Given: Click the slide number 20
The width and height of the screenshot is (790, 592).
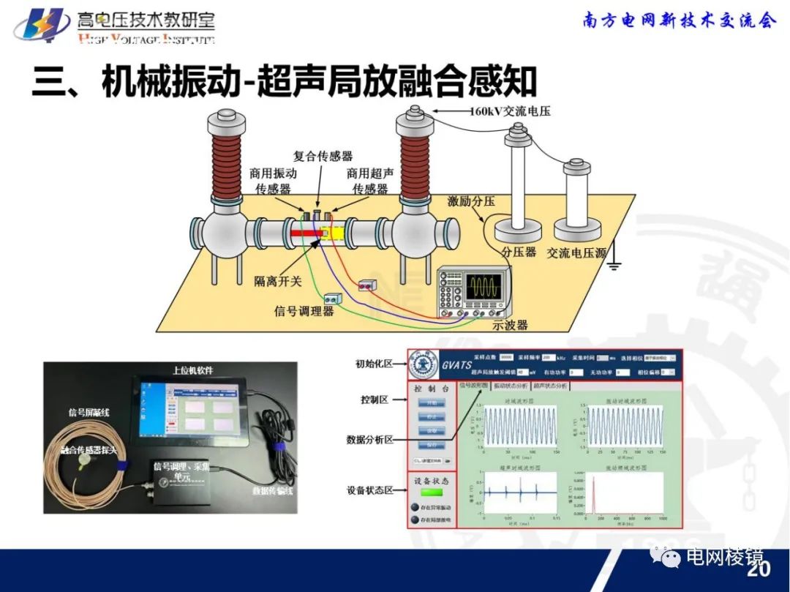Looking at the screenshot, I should tap(759, 569).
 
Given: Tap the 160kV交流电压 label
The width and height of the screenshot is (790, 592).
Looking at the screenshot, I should tap(509, 112).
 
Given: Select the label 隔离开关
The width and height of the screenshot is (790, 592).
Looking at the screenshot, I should tap(279, 281).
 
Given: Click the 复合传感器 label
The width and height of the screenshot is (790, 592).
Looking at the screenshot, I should tap(323, 156).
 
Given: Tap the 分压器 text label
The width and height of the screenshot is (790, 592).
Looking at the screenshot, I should tap(519, 252).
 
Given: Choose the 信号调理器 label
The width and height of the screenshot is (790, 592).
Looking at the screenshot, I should tap(304, 310).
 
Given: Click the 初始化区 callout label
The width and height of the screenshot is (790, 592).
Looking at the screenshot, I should tap(375, 364).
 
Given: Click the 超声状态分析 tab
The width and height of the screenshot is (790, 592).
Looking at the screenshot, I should tap(550, 386).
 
